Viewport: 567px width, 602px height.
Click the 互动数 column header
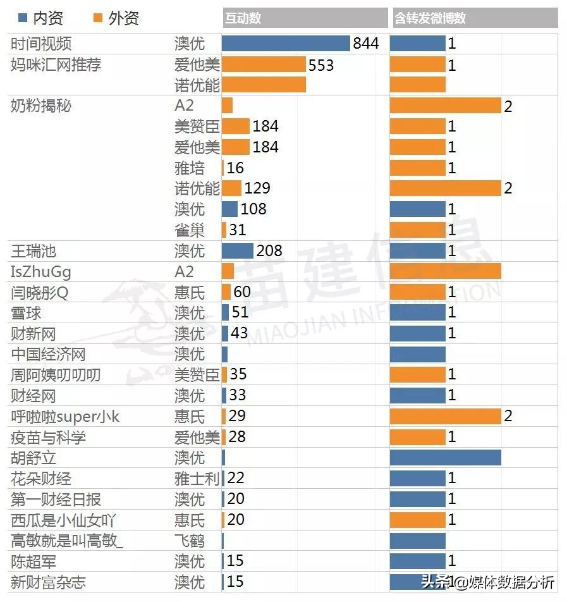coord(243,18)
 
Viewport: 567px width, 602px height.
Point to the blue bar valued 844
coord(286,43)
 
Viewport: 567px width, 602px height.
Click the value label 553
coord(321,65)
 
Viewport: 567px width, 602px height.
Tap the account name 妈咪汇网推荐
coord(56,65)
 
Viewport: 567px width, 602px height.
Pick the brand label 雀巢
coord(190,230)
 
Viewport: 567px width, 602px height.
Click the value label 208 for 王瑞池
coord(269,251)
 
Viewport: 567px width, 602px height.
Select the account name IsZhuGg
coord(41,272)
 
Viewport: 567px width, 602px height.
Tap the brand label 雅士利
coord(197,479)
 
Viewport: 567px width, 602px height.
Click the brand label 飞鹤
coord(190,541)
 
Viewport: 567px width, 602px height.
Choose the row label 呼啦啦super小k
coord(65,417)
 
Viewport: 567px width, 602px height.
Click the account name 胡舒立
coord(34,457)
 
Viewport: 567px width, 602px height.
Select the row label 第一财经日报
coord(56,500)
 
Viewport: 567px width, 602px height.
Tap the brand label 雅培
coord(190,168)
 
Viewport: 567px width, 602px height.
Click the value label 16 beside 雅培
coord(235,168)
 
